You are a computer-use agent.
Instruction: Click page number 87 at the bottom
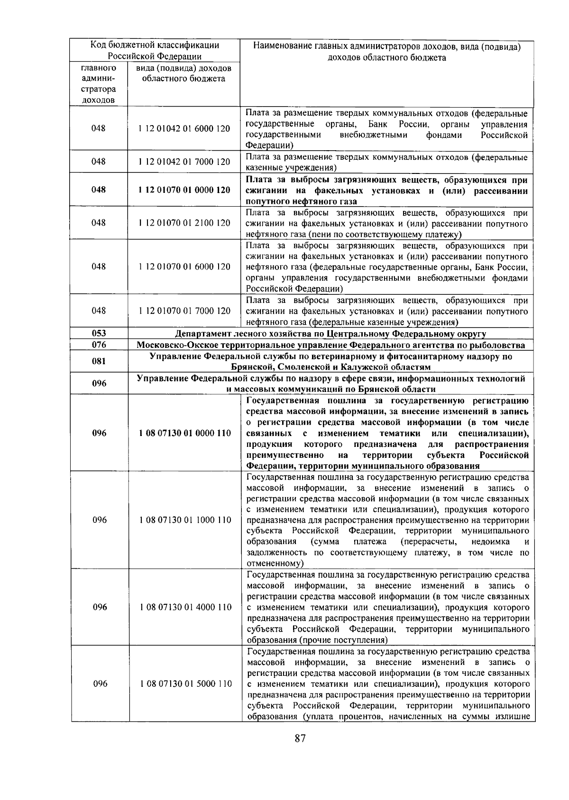pyautogui.click(x=300, y=752)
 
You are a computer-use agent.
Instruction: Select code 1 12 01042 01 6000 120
pyautogui.click(x=184, y=128)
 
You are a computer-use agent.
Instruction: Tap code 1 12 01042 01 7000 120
pyautogui.click(x=184, y=162)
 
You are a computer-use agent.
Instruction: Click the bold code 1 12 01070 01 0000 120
pyautogui.click(x=184, y=190)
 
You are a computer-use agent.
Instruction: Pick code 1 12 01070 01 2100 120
pyautogui.click(x=184, y=223)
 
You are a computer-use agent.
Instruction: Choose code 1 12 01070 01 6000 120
pyautogui.click(x=184, y=266)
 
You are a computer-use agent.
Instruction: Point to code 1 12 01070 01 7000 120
pyautogui.click(x=184, y=311)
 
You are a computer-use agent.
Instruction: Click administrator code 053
pyautogui.click(x=99, y=333)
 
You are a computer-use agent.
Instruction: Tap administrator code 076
pyautogui.click(x=99, y=345)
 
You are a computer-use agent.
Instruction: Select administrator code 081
pyautogui.click(x=99, y=362)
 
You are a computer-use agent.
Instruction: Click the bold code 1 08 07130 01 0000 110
pyautogui.click(x=185, y=433)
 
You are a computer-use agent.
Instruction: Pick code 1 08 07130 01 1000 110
pyautogui.click(x=185, y=520)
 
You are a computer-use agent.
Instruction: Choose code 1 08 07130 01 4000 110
pyautogui.click(x=185, y=607)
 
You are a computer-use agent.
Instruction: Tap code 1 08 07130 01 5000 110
pyautogui.click(x=185, y=683)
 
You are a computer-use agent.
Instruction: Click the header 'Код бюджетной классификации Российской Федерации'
pyautogui.click(x=155, y=51)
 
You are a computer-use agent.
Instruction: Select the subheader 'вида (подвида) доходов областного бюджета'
pyautogui.click(x=184, y=73)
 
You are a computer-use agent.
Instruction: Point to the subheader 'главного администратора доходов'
pyautogui.click(x=99, y=84)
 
